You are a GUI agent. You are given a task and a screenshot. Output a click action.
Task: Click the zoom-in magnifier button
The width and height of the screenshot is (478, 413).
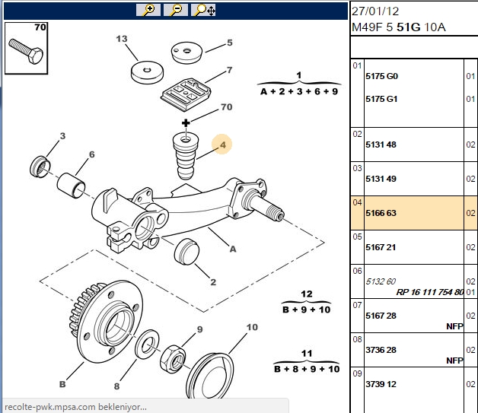pyautogui.click(x=148, y=10)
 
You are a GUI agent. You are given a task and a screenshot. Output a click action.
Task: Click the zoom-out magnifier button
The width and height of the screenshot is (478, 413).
pyautogui.click(x=176, y=10)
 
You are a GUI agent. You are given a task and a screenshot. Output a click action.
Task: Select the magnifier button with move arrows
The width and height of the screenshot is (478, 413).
pyautogui.click(x=203, y=10)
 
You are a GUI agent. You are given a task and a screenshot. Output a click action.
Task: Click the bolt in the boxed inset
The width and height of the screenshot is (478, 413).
pyautogui.click(x=26, y=51)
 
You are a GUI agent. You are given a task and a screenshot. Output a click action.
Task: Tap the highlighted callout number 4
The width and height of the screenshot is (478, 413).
pyautogui.click(x=223, y=145)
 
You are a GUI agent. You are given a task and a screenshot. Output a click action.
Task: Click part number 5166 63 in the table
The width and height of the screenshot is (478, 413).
pyautogui.click(x=381, y=213)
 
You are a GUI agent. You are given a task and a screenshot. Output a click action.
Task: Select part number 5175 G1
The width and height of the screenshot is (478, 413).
pyautogui.click(x=381, y=99)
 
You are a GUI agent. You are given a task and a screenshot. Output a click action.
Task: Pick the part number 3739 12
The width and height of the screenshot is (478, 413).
pyautogui.click(x=381, y=384)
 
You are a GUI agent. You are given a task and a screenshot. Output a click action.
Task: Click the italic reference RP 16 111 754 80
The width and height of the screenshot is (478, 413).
pyautogui.click(x=430, y=292)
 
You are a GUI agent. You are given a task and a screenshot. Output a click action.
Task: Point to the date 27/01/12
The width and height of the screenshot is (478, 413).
pyautogui.click(x=375, y=11)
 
